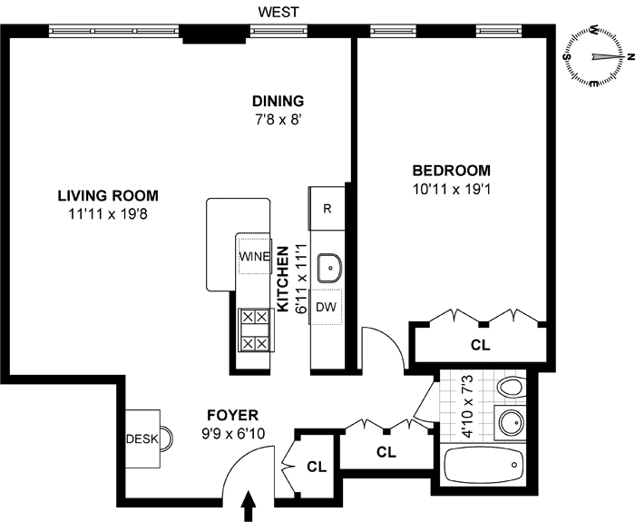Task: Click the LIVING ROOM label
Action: [108, 196]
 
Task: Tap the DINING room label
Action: [278, 101]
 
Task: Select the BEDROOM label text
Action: [451, 171]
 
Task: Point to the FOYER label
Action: [232, 416]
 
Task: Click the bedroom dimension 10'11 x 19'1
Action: [452, 189]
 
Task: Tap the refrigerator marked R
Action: [327, 208]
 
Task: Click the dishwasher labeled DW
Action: [326, 307]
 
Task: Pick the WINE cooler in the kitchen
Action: [254, 257]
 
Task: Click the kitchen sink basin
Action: [329, 268]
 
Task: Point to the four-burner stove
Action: [256, 330]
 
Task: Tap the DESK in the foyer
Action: [142, 438]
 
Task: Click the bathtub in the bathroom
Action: [483, 465]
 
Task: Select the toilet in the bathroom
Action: [513, 388]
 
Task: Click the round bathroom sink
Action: [511, 423]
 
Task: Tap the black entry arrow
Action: [249, 506]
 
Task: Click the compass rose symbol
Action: [594, 56]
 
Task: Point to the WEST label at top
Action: [278, 12]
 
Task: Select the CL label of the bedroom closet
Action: [480, 345]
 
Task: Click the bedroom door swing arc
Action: [392, 340]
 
